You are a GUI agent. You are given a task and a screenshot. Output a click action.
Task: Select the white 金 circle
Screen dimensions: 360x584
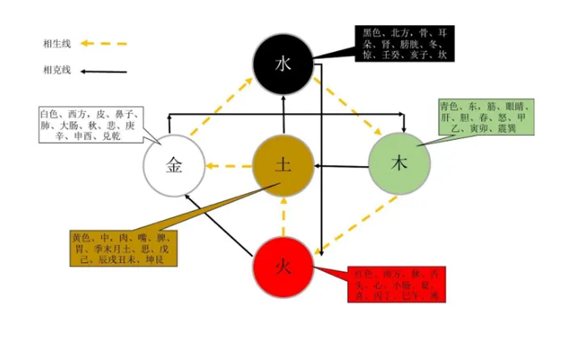tap(174, 166)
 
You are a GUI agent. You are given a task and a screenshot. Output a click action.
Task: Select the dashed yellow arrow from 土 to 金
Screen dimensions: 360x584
tap(228, 167)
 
